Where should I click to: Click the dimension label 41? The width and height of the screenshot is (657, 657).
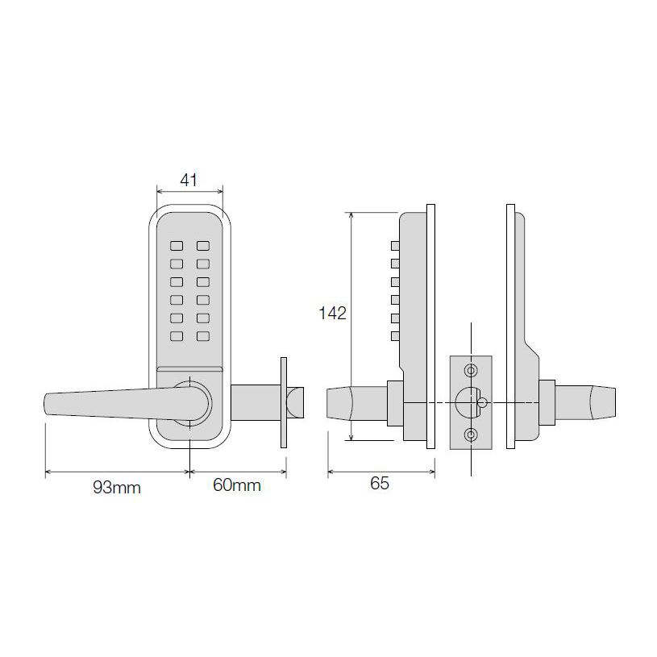[x=188, y=180]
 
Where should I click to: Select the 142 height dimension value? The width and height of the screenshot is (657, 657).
[x=332, y=314]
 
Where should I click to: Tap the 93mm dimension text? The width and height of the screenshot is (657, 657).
[x=117, y=487]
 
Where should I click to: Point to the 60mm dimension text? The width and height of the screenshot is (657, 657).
[x=237, y=486]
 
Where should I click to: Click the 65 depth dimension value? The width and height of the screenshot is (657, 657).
[x=380, y=484]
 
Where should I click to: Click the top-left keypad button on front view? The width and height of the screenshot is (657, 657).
[x=177, y=244]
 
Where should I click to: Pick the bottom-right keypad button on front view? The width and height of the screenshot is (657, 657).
[x=203, y=336]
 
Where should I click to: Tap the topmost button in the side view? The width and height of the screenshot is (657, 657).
[x=395, y=244]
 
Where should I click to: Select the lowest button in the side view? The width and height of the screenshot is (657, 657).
[x=395, y=336]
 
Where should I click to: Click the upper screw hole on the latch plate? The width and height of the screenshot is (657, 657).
[x=471, y=369]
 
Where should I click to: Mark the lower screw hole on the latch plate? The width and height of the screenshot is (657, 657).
[x=471, y=435]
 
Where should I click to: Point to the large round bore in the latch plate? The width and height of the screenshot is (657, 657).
[x=467, y=401]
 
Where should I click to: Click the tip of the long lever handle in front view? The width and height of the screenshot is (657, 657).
[x=48, y=405]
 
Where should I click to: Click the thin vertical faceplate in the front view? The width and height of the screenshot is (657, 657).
[x=282, y=401]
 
